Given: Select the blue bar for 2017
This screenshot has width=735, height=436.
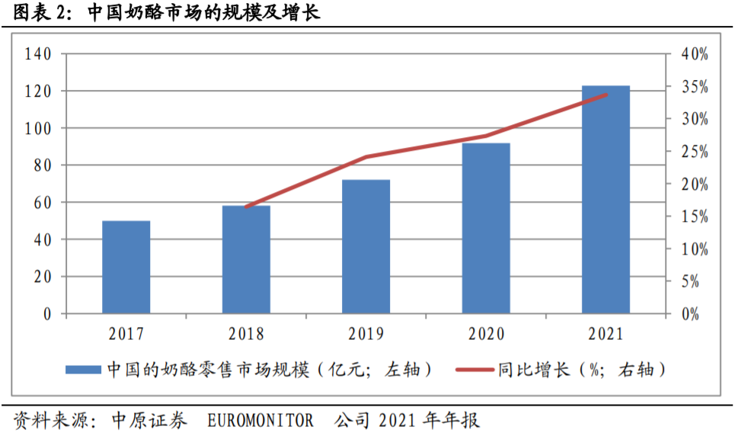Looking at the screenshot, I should [x=126, y=267].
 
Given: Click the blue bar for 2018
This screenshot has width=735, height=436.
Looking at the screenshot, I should [x=246, y=259].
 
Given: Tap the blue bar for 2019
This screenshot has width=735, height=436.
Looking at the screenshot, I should [x=366, y=246].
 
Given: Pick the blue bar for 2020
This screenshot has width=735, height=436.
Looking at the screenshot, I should [x=486, y=228].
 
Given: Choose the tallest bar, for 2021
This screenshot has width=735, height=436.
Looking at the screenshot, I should [x=606, y=199].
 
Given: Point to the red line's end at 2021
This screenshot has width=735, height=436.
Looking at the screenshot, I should [x=606, y=95].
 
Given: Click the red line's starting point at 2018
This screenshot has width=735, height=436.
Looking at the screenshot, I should [x=246, y=207].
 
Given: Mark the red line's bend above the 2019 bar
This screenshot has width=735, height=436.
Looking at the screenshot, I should [x=366, y=157].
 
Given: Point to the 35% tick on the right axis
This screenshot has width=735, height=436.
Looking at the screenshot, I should [x=693, y=87].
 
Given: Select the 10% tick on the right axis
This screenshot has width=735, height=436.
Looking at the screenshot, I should [x=693, y=249].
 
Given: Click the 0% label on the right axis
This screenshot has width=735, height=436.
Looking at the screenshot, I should [x=690, y=314].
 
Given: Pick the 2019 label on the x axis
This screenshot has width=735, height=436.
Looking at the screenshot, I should [x=366, y=334].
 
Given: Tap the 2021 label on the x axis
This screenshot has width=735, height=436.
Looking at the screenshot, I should [x=606, y=334].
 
